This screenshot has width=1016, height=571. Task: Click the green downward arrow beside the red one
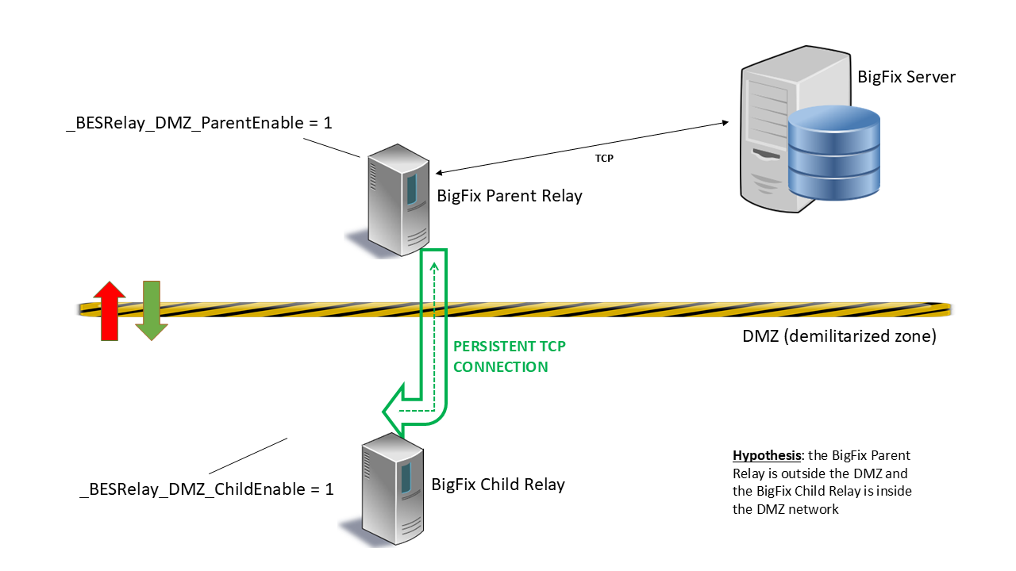(150, 310)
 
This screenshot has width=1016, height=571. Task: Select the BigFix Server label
(906, 77)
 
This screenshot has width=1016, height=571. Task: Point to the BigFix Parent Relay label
(510, 196)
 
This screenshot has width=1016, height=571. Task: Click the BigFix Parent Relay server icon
(394, 198)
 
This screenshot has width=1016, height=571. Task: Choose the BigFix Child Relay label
(498, 484)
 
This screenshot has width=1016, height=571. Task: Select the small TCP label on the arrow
(604, 159)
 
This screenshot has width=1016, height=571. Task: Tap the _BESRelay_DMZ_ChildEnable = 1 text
(206, 489)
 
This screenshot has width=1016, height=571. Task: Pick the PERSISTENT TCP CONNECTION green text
(509, 357)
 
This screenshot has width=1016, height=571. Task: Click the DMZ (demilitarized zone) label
(839, 336)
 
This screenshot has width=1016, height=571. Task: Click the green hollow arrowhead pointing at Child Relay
(395, 412)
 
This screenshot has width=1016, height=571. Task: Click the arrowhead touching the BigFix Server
(724, 123)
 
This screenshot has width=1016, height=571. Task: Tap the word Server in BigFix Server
(930, 77)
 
